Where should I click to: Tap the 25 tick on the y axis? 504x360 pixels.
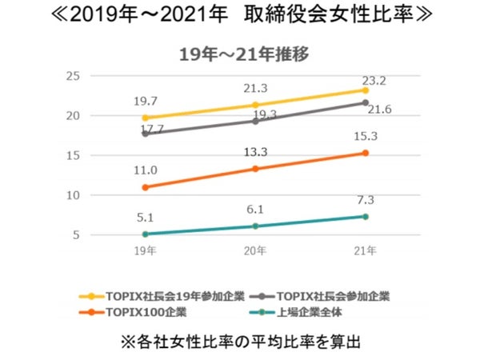coord(73,76)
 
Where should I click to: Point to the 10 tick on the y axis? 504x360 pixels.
coord(73,195)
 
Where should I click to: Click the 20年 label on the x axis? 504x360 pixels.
coord(255,250)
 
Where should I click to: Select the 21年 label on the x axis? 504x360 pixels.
coord(365,250)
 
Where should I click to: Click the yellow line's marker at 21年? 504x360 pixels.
coord(366,90)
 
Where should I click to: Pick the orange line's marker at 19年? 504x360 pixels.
coord(145,187)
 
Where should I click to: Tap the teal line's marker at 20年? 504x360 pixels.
coord(255,226)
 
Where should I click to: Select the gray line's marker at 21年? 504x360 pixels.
coord(366,102)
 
